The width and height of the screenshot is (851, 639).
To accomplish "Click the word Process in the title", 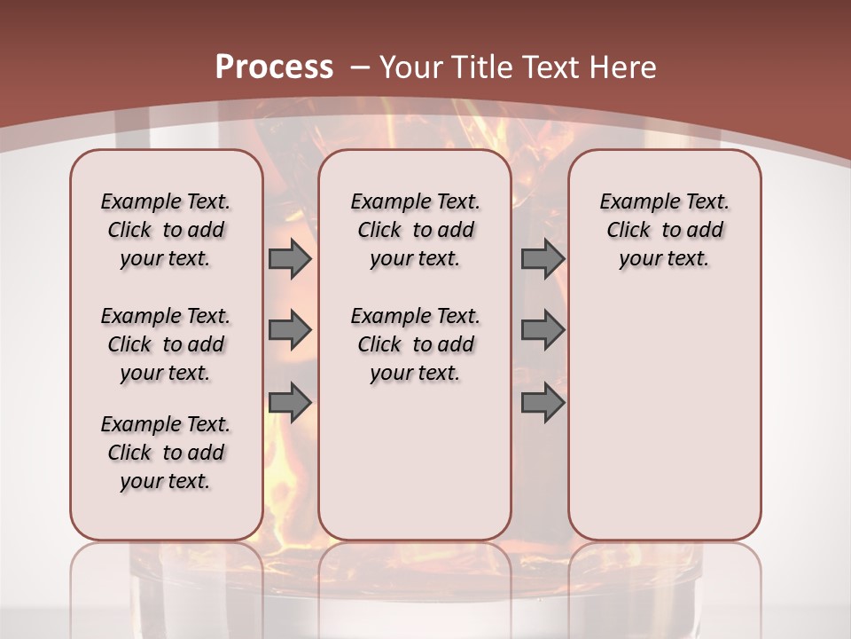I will tap(274, 67).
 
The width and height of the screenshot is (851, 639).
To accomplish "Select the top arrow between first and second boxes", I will tap(290, 258).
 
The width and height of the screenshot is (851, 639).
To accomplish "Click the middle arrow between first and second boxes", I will tap(290, 330).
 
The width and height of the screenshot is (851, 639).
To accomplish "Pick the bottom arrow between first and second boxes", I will tap(290, 403).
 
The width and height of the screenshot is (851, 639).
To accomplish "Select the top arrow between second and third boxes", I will tap(543, 258).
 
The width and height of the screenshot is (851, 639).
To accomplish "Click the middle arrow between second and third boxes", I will tap(543, 330).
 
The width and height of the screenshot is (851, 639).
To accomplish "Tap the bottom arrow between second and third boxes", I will tap(543, 403).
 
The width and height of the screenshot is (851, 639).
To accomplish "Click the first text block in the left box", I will tap(166, 230).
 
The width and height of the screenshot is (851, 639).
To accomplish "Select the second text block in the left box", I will tap(166, 344).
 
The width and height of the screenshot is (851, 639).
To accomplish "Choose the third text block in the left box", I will tap(166, 453).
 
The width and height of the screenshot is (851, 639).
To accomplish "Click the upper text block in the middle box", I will tap(415, 230).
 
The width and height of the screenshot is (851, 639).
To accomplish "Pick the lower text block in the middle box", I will tap(415, 344).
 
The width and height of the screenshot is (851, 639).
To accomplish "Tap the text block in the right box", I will tap(664, 230).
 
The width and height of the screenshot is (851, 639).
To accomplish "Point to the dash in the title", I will tap(360, 67).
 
